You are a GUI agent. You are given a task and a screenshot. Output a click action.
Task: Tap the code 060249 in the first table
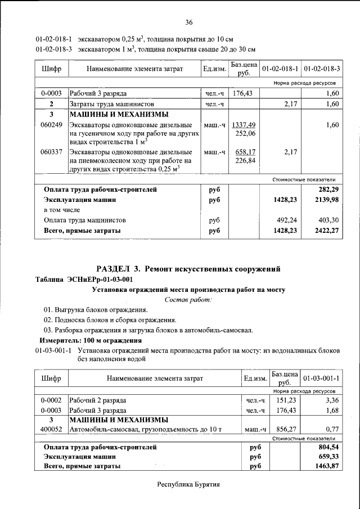click(51, 125)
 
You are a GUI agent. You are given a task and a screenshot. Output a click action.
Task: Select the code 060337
click(51, 152)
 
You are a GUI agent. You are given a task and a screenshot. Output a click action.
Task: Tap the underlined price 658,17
click(245, 152)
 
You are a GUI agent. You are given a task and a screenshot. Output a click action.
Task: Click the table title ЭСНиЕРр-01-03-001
click(84, 280)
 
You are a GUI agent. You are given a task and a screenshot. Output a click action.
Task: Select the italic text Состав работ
click(188, 300)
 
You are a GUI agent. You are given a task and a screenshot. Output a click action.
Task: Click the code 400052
click(51, 430)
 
